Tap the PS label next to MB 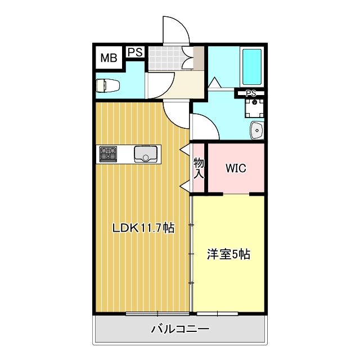click(x=134, y=52)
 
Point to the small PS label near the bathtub click(x=251, y=93)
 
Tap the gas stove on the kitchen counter click(x=108, y=153)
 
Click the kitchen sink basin click(x=146, y=152)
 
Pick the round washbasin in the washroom click(x=256, y=130)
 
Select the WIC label click(x=236, y=168)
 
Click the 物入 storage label click(x=199, y=168)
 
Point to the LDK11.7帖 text click(x=143, y=228)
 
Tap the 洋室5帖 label click(x=228, y=254)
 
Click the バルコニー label click(x=180, y=329)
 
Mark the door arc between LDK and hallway click(x=175, y=115)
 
